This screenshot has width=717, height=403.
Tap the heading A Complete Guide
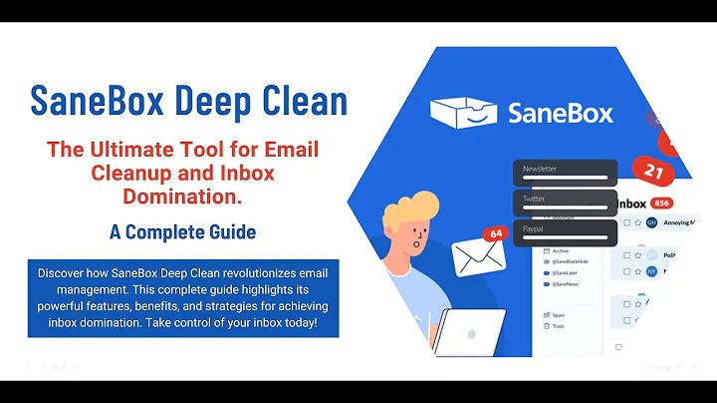click(182, 232)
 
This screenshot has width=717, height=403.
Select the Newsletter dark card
click(565, 173)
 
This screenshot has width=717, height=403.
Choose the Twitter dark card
click(565, 202)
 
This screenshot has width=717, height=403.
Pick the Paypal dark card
click(565, 232)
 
